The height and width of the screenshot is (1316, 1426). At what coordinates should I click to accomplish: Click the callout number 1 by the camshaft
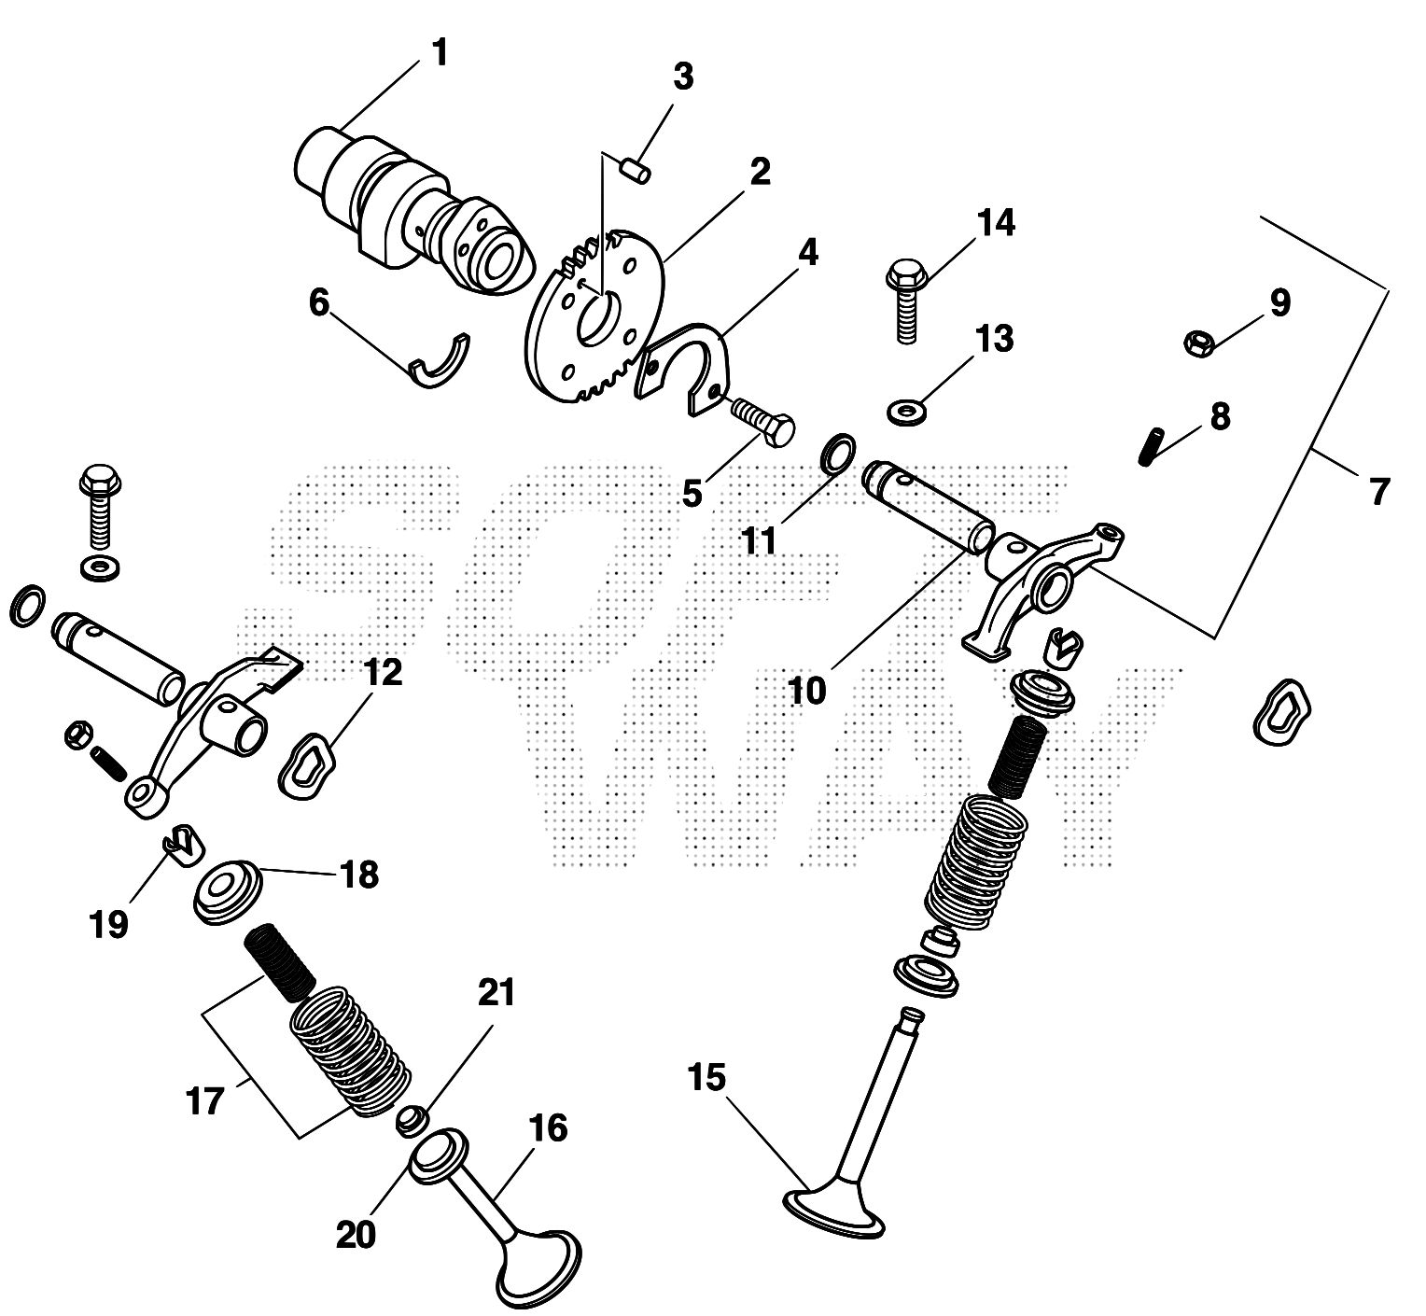[x=439, y=54]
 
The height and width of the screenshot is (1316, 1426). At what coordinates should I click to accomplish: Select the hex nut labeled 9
[x=1198, y=343]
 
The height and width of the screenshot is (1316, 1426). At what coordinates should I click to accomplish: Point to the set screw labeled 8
[x=1153, y=446]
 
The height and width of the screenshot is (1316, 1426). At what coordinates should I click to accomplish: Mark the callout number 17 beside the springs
[x=206, y=1101]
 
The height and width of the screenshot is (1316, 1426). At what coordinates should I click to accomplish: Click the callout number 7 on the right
[x=1379, y=491]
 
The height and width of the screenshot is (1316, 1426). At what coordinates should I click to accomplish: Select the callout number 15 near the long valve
[x=706, y=1079]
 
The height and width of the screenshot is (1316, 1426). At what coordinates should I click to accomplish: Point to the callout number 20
[x=356, y=1235]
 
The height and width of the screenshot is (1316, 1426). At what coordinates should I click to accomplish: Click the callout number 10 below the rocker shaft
[x=806, y=692]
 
